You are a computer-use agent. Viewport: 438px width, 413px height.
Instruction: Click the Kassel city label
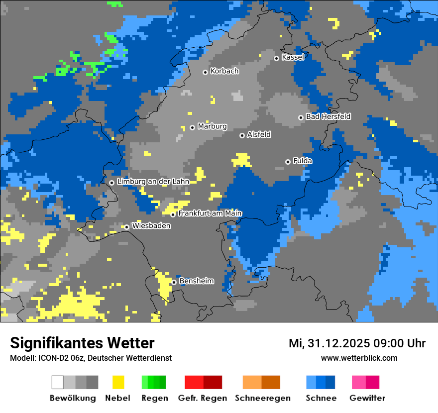click(293, 57)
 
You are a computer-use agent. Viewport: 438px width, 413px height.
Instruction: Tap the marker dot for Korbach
click(205, 72)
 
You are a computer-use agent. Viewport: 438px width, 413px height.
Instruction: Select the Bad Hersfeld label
click(328, 117)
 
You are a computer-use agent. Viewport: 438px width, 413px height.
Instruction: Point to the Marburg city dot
click(192, 127)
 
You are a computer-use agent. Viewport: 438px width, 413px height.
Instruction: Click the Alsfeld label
click(259, 135)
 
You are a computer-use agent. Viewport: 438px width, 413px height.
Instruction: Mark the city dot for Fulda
click(288, 162)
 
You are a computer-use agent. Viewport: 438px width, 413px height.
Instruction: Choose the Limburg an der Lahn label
click(153, 182)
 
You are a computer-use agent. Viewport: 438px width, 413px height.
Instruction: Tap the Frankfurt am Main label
click(210, 213)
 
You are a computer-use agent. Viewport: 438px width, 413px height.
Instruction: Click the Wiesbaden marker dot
click(127, 227)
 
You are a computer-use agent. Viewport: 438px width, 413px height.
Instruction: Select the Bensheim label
click(196, 281)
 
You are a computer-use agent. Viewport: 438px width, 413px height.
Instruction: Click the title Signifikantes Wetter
click(82, 343)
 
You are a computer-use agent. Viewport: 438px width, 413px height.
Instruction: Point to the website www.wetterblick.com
click(359, 358)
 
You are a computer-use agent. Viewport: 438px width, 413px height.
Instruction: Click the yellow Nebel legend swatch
click(118, 382)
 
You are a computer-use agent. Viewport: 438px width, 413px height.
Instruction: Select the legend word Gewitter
click(367, 398)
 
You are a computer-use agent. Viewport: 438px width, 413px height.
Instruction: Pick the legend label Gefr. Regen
click(203, 398)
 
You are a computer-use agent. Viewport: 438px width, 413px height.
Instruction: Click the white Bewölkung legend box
click(58, 382)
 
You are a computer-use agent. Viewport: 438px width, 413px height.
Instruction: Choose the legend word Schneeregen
click(263, 398)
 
